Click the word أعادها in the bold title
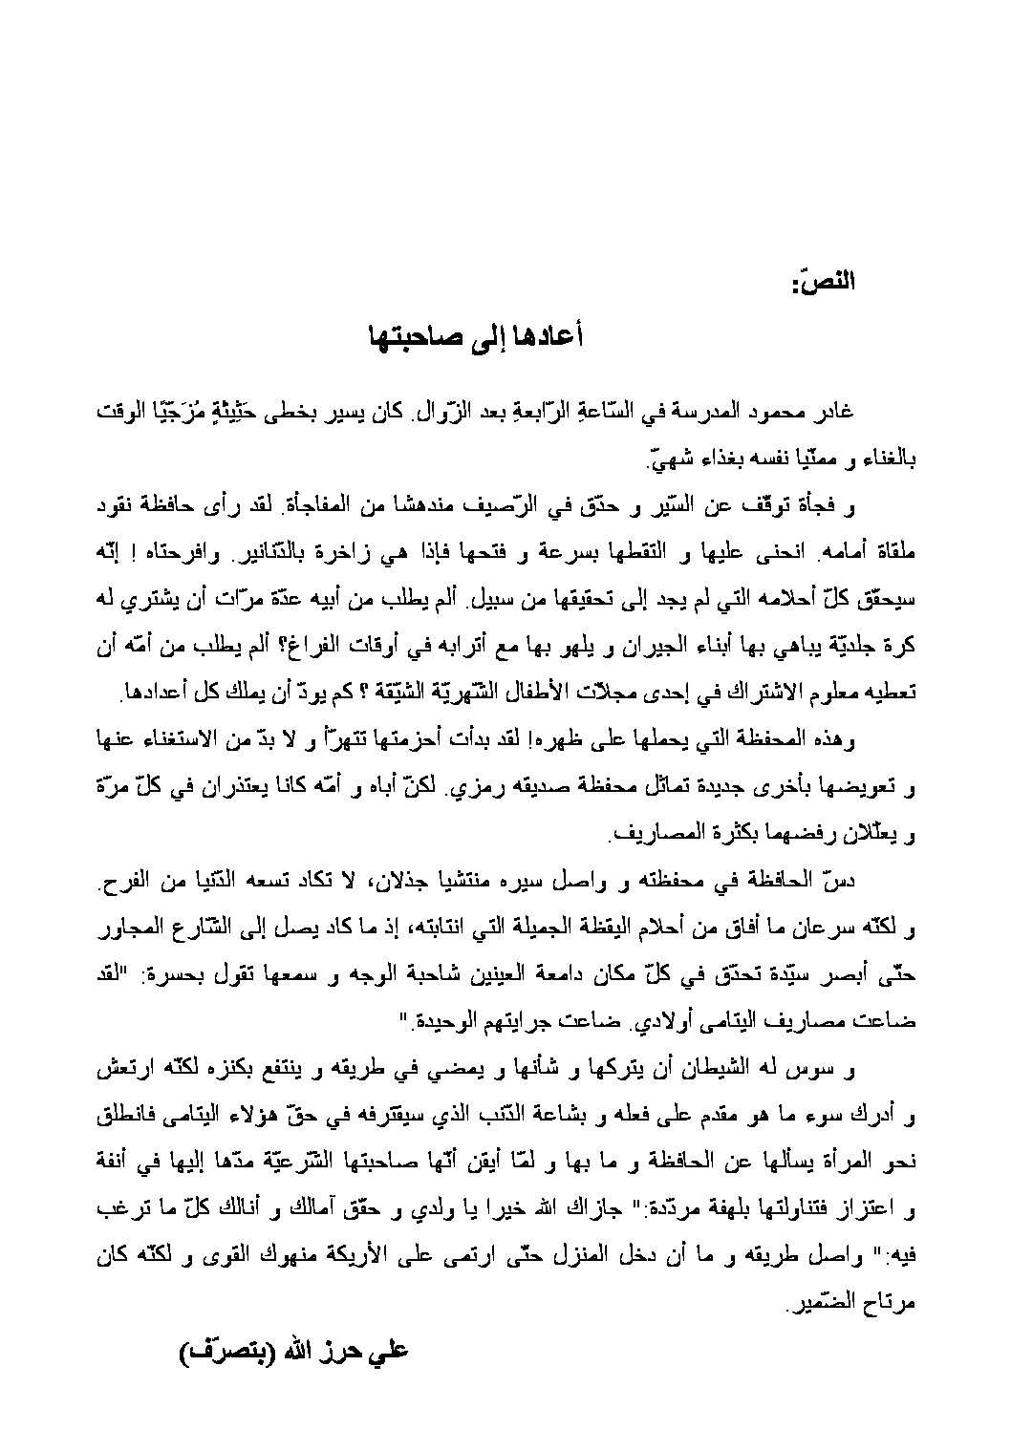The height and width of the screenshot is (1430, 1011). coord(550,336)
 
